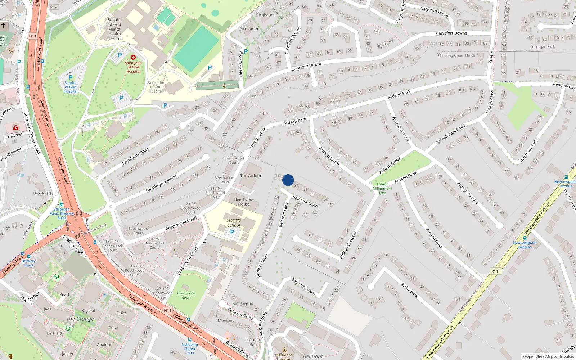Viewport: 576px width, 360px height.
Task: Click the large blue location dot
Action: (288, 180)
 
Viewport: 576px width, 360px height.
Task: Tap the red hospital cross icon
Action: (133, 57)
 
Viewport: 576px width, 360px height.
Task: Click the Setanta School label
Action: (234, 222)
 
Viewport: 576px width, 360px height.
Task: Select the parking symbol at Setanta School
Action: (232, 232)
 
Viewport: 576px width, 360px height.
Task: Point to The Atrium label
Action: (251, 176)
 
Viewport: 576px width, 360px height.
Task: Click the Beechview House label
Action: (244, 202)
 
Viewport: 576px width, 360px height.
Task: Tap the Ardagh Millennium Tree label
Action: (382, 188)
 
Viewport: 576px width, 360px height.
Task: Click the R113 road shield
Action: (496, 271)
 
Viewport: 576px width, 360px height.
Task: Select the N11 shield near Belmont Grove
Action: (167, 310)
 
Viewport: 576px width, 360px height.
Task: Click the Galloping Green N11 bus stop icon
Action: (190, 339)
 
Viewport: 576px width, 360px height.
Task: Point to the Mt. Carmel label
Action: (243, 304)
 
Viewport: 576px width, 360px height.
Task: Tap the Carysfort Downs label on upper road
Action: (451, 33)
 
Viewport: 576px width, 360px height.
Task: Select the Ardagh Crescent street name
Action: (348, 245)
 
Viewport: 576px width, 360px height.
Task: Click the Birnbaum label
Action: (249, 29)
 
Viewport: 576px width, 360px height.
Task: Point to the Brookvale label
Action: (42, 193)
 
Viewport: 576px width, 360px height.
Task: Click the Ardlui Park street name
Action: (410, 290)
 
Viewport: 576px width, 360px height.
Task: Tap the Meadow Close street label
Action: (564, 86)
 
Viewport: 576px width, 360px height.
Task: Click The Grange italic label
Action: (80, 319)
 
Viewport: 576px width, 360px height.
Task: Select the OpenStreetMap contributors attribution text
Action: (548, 357)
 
